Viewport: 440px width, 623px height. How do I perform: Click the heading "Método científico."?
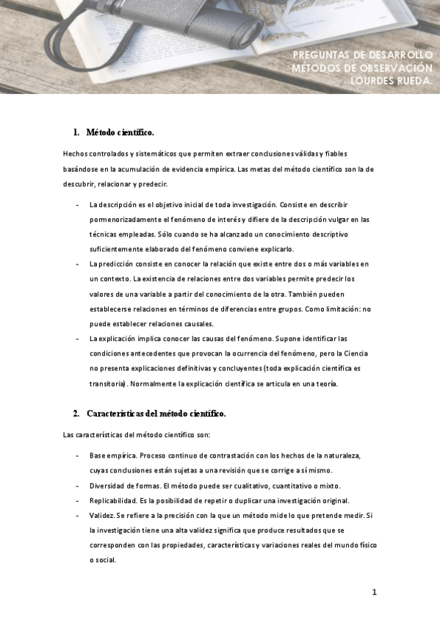[x=120, y=132]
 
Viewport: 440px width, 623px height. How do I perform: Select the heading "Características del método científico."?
[x=156, y=414]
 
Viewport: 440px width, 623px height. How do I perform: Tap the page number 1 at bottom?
[x=374, y=591]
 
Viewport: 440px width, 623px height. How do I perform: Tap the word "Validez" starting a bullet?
[x=101, y=515]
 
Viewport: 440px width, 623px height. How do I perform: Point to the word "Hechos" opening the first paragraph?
[x=76, y=154]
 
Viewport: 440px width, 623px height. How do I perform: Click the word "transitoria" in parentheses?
[x=107, y=383]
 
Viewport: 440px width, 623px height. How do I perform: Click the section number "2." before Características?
[x=76, y=414]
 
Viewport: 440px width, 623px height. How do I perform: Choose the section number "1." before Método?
[x=76, y=132]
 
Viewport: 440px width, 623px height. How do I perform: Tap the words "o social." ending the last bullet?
[x=103, y=559]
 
